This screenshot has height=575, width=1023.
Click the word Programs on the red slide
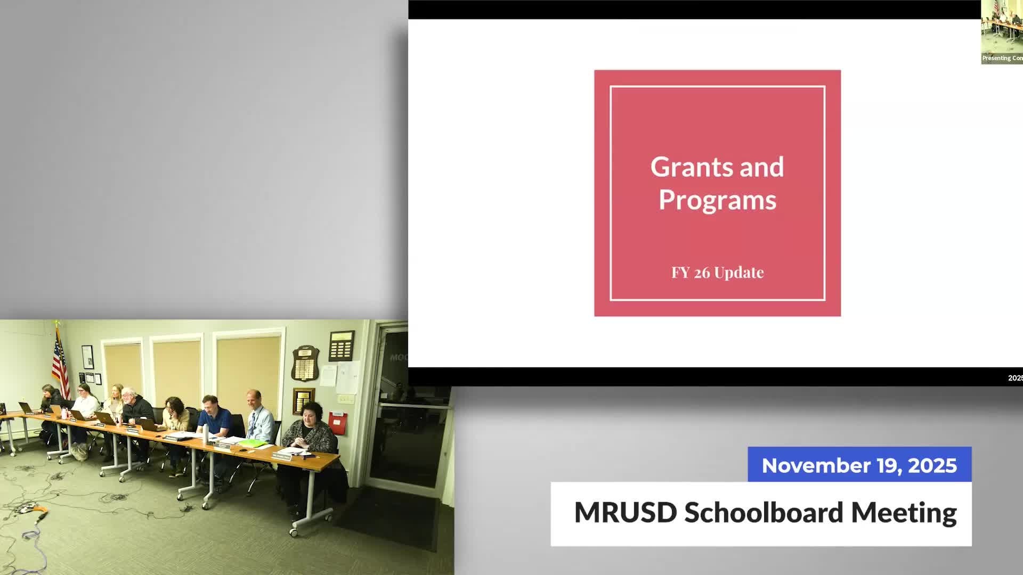pos(717,201)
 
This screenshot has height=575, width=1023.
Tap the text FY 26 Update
pos(717,273)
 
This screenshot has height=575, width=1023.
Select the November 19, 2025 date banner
pos(859,465)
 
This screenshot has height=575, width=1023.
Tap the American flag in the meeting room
pos(60,362)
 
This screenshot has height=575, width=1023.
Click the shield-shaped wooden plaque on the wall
pos(305,363)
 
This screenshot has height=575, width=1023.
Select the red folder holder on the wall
pos(337,423)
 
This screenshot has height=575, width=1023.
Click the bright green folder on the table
pos(252,442)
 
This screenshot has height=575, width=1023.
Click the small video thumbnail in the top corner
pos(1002,32)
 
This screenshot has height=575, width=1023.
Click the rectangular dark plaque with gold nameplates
pos(341,346)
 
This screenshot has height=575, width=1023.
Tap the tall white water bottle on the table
pos(205,433)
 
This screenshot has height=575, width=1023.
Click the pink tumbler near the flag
pos(65,413)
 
